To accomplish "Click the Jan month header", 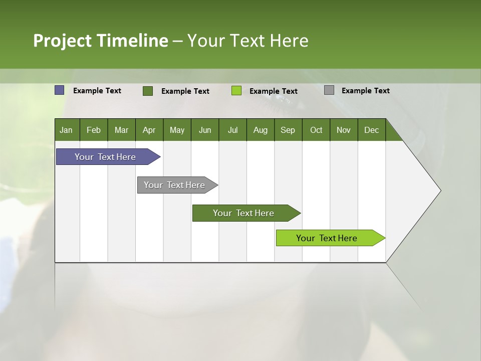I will tap(66, 130).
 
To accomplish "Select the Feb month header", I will tap(94, 130).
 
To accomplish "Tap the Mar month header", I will tap(121, 130).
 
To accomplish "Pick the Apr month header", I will tap(149, 130).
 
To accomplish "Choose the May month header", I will tap(177, 130).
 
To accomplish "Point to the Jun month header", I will tap(205, 130).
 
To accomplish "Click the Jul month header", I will tap(232, 130).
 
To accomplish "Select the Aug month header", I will tap(261, 130).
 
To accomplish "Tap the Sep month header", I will tap(288, 130).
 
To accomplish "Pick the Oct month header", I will tap(316, 130).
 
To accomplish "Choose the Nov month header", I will tap(344, 130).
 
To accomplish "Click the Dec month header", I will tap(372, 130).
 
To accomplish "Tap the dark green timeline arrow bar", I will tap(244, 213).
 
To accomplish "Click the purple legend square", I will tap(60, 90).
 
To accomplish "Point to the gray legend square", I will tap(329, 90).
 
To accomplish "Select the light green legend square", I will tap(236, 91).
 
